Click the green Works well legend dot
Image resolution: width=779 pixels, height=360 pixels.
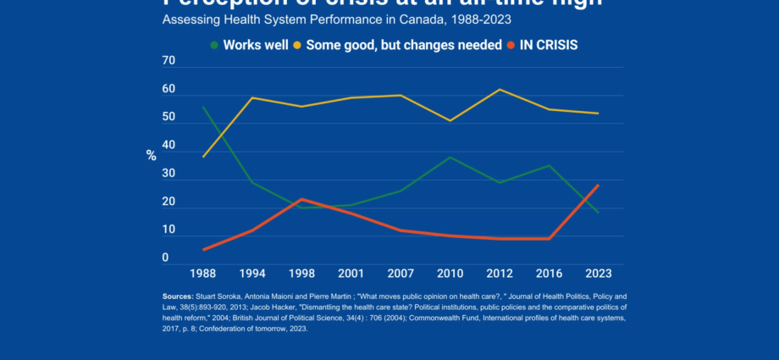pyautogui.click(x=214, y=44)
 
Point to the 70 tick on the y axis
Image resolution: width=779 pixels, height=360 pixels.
pyautogui.click(x=169, y=62)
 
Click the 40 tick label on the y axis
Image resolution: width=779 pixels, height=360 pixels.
pyautogui.click(x=169, y=146)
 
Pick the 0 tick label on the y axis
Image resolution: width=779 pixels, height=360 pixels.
pyautogui.click(x=165, y=258)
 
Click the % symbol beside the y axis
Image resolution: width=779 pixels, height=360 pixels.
pyautogui.click(x=151, y=155)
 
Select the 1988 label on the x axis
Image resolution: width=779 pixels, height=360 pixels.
pyautogui.click(x=203, y=274)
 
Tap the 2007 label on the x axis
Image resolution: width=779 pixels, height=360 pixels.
pyautogui.click(x=401, y=274)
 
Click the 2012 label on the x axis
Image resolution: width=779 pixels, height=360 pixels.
pyautogui.click(x=500, y=274)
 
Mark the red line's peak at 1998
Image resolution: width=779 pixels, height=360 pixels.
pyautogui.click(x=301, y=199)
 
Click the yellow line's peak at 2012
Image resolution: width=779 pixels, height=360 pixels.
pyautogui.click(x=500, y=90)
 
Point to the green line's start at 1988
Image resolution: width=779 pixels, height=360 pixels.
pyautogui.click(x=203, y=107)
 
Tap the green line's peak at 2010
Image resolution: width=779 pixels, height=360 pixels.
pyautogui.click(x=450, y=158)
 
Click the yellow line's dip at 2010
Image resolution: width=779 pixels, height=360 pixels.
pyautogui.click(x=450, y=120)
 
